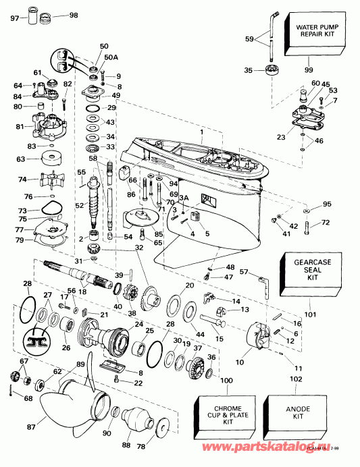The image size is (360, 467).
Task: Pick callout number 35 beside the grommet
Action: [248, 70]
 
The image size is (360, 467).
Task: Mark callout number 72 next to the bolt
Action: [325, 223]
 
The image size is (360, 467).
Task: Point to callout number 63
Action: [21, 159]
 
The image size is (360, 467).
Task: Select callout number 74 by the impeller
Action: [22, 180]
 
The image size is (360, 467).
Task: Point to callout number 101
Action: [311, 313]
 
